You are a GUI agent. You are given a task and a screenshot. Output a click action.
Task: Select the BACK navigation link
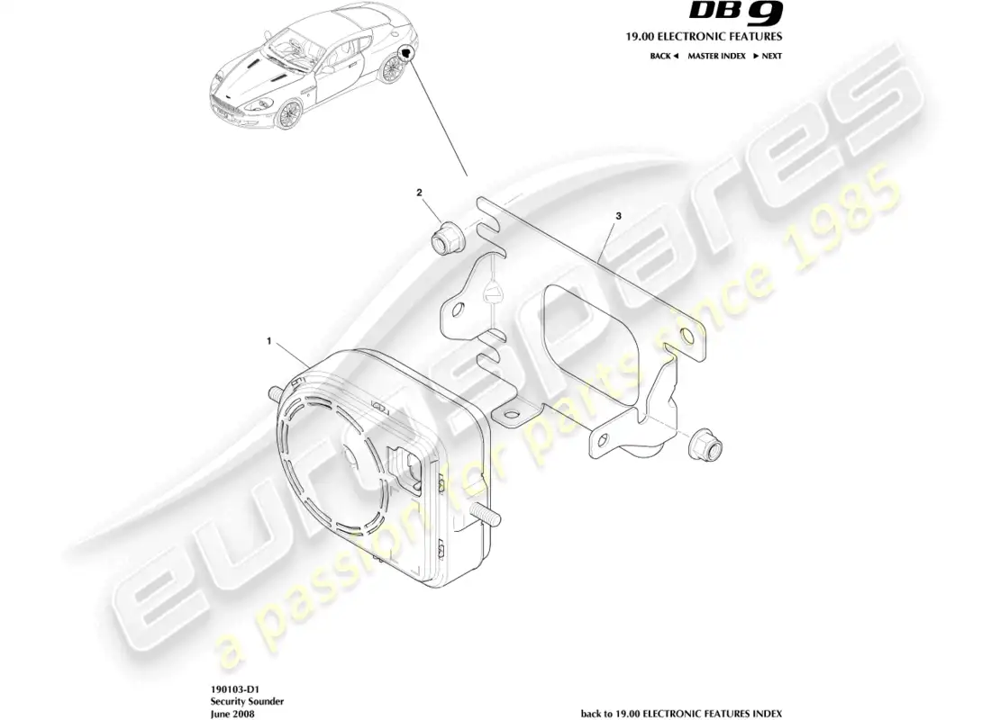click(x=663, y=56)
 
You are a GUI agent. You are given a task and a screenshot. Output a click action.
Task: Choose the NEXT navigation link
click(x=768, y=56)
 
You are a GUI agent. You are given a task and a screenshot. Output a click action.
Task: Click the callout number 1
click(x=268, y=341)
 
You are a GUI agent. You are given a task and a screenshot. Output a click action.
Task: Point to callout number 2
click(x=419, y=193)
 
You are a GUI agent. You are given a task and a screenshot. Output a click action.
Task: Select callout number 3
click(x=618, y=216)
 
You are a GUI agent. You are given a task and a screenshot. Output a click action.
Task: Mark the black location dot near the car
click(x=407, y=53)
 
